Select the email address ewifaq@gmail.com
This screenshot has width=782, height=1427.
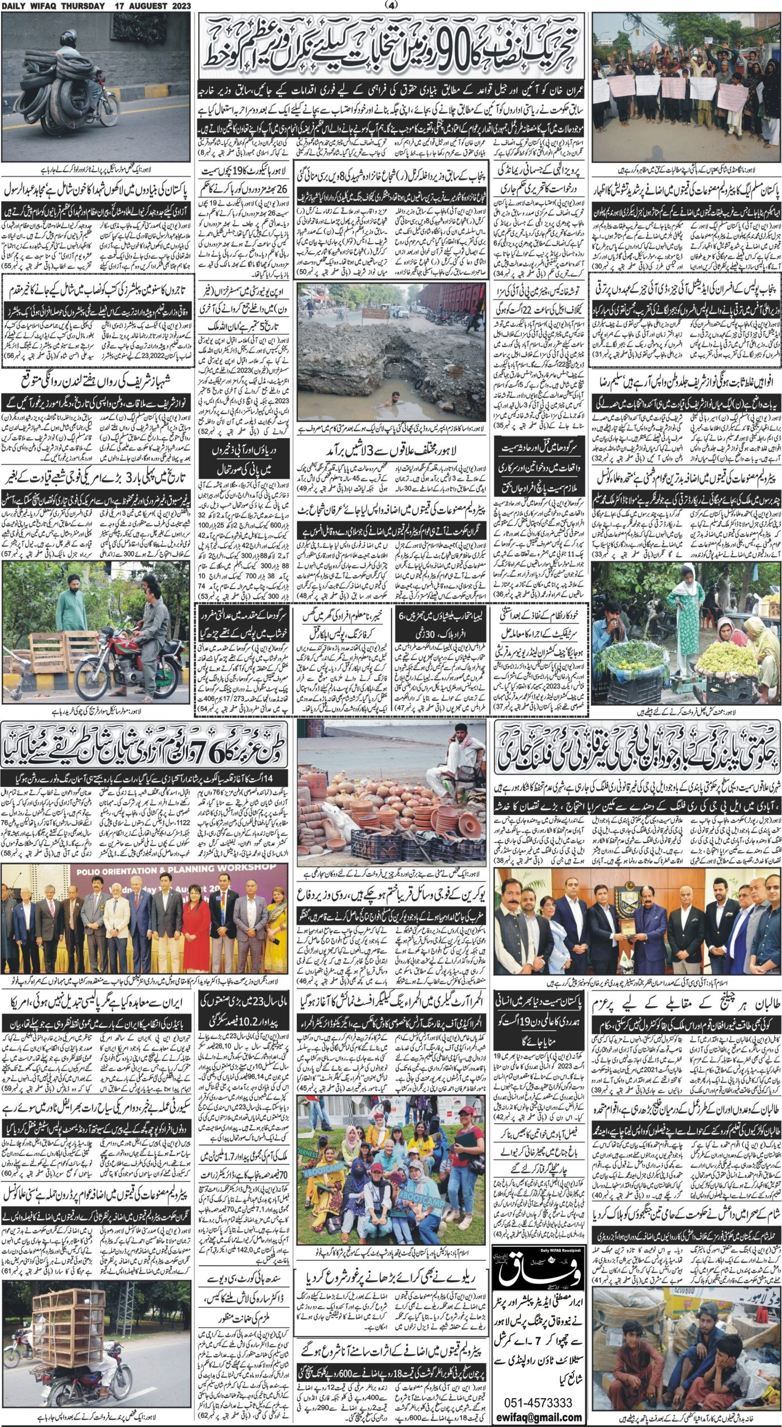(x=537, y=1416)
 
